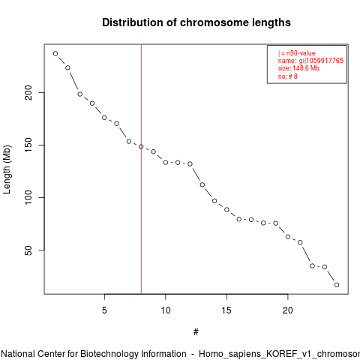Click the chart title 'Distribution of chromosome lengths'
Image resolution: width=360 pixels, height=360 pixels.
click(196, 22)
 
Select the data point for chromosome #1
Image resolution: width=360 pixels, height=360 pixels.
click(55, 53)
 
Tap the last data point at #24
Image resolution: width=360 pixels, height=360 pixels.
click(337, 285)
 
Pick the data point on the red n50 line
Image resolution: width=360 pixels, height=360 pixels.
click(141, 146)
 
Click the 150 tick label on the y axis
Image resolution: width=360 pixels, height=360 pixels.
click(28, 145)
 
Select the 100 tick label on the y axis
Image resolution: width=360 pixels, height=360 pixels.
click(28, 197)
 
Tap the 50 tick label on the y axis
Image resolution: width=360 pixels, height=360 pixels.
click(28, 250)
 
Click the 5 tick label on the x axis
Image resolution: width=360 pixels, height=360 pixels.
click(104, 310)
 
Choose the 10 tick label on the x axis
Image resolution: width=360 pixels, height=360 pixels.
click(166, 310)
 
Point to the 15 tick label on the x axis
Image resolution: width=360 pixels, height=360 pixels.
click(226, 310)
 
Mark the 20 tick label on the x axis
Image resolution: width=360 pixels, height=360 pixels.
click(288, 310)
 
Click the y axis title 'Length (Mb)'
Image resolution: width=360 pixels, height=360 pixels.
click(7, 169)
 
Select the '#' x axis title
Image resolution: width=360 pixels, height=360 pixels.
click(196, 332)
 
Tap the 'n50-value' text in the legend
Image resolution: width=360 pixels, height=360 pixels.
click(301, 53)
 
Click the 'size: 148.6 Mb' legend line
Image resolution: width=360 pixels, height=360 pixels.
click(298, 68)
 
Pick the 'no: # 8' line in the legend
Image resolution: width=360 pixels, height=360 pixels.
click(288, 76)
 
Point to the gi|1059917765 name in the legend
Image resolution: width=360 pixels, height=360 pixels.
click(321, 61)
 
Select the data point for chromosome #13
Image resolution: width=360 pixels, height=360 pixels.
click(202, 184)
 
